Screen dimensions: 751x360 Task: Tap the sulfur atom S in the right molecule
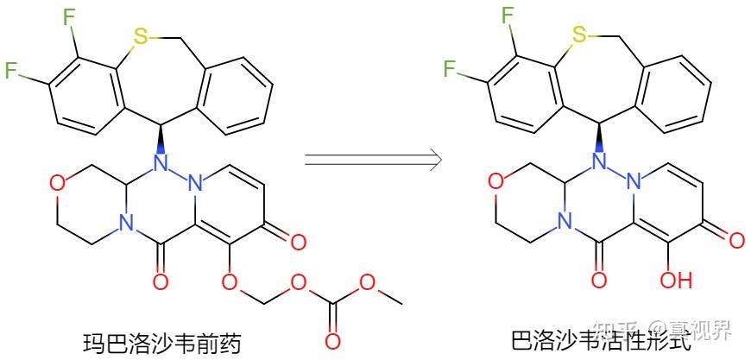point(580,35)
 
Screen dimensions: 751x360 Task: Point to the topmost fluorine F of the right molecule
point(510,17)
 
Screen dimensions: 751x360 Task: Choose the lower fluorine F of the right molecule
point(450,69)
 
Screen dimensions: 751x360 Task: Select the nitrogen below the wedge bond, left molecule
point(159,161)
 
